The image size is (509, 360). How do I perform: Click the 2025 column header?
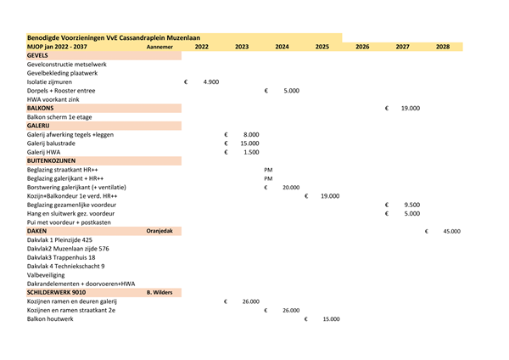pos(322,47)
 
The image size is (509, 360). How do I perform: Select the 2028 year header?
pos(442,47)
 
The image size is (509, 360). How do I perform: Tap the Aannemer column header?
pos(159,47)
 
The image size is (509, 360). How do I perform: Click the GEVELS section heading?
pos(37,55)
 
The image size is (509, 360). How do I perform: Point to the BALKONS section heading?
pos(41,108)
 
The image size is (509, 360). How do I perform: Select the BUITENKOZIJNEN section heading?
pos(53,160)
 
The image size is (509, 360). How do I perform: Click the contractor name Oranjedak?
pos(159,231)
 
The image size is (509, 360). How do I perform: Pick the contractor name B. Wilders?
pos(159,292)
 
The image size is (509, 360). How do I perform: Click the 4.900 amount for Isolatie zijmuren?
pos(211,82)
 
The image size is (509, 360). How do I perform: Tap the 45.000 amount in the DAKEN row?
pos(451,231)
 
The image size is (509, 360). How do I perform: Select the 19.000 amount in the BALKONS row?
pos(411,108)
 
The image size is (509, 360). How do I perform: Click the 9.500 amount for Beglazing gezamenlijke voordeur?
pos(412,205)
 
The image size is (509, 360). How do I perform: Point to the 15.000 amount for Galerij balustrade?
pos(249,143)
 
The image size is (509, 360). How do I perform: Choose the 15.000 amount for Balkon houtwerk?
pos(331,318)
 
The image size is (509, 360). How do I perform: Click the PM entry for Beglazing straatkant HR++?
pos(268,170)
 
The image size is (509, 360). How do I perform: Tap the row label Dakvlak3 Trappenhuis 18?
pos(61,257)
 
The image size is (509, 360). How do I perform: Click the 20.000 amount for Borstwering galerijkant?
pos(290,187)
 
